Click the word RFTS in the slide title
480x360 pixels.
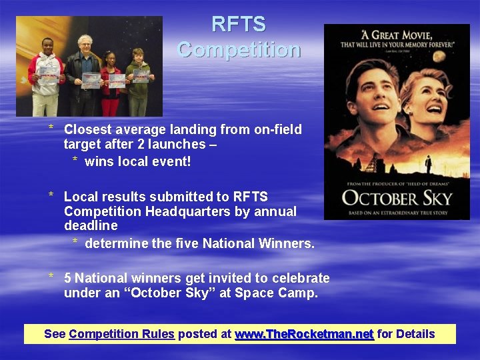(x=239, y=25)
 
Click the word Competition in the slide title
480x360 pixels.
(x=239, y=50)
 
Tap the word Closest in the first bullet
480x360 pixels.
(x=87, y=129)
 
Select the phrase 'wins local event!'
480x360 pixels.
(x=137, y=161)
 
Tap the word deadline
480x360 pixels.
(x=91, y=226)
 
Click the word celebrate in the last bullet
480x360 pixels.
(x=299, y=278)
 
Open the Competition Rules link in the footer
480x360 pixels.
(x=121, y=334)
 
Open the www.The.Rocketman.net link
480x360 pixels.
(x=304, y=334)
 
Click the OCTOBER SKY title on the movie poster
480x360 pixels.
(x=396, y=198)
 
